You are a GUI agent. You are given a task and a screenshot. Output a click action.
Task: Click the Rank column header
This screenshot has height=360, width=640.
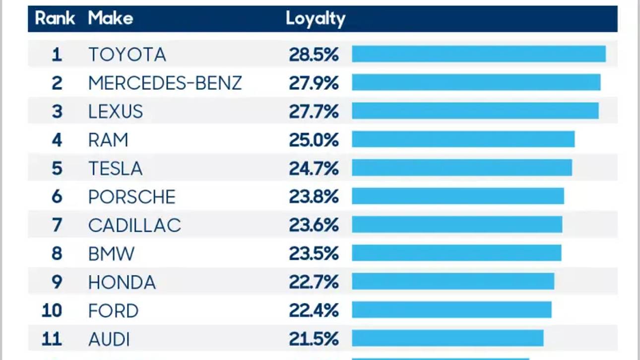(55, 19)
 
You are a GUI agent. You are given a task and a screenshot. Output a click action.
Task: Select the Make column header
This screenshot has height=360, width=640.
(110, 19)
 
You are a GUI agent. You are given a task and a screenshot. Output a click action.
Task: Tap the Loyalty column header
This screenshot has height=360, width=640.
(315, 19)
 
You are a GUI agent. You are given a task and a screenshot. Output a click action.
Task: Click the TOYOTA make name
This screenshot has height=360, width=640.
(127, 55)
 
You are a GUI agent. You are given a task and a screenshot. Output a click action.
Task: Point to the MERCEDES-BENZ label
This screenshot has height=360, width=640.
(165, 83)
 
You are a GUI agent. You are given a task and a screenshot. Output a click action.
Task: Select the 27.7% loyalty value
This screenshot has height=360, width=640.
(314, 112)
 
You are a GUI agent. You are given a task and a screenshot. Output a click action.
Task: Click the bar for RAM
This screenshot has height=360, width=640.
(463, 139)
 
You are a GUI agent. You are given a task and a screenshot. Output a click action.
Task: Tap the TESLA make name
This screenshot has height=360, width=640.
(115, 169)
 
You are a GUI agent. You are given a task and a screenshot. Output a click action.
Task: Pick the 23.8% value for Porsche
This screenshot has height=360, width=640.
(314, 197)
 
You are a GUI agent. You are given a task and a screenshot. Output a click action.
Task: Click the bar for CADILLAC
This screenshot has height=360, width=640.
(457, 225)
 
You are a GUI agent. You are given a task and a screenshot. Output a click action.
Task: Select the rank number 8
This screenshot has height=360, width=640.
(57, 254)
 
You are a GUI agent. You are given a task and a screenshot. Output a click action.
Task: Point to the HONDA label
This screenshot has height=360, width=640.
(122, 283)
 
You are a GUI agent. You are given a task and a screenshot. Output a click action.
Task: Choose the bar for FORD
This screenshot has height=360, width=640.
(451, 310)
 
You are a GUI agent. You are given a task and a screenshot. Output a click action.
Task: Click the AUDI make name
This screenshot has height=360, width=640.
(109, 340)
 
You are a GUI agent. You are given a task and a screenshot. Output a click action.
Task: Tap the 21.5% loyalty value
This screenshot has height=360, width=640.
(314, 340)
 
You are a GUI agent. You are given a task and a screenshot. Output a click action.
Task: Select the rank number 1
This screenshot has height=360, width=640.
(57, 55)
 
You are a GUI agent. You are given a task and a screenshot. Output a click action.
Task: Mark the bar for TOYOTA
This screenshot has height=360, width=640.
(479, 54)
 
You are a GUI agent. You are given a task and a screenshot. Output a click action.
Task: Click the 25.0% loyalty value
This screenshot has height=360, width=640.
(314, 140)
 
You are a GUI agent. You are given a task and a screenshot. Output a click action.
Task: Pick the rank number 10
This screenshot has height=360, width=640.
(52, 311)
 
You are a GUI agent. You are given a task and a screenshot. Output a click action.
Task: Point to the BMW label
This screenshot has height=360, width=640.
(111, 254)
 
